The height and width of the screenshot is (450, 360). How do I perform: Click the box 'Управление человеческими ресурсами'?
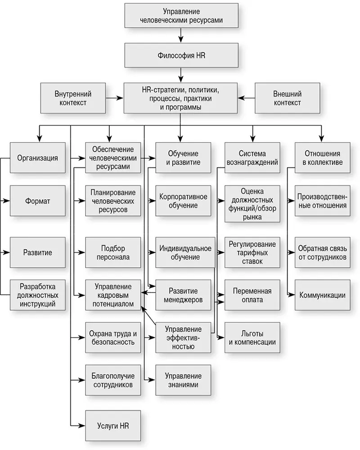point(181,17)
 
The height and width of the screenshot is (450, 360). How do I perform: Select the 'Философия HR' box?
point(181,56)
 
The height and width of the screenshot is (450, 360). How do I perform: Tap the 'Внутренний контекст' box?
point(73,98)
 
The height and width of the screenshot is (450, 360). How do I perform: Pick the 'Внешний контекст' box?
point(287,98)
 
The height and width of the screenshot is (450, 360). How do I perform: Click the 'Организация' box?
point(37,158)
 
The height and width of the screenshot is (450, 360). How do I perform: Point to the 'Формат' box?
point(37,201)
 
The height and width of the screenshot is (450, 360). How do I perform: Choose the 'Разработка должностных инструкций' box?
point(37,295)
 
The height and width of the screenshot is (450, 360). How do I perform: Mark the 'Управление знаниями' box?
point(183,380)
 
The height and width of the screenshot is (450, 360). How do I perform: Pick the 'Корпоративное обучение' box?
point(183,201)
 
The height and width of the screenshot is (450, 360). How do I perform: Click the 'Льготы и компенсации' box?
point(252,337)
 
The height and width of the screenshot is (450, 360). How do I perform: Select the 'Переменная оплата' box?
point(252,295)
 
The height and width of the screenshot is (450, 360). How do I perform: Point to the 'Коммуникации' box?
point(322,295)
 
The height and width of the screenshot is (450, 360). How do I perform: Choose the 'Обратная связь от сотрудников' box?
point(322,252)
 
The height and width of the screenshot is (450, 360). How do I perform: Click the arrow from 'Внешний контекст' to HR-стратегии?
point(246,97)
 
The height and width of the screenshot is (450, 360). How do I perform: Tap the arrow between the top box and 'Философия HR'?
point(181,35)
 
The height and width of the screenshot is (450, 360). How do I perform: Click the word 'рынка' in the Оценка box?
point(252,217)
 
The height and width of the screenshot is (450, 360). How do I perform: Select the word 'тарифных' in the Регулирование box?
point(252,252)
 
